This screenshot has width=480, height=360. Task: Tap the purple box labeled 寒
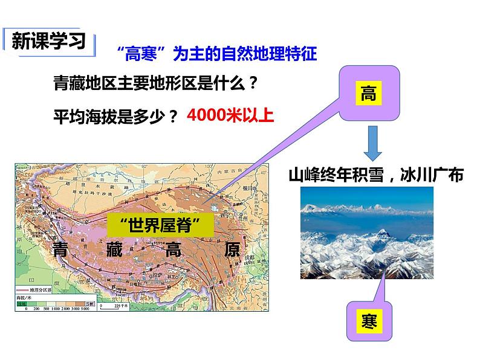(369, 322)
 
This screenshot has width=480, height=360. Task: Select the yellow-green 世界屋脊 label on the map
(160, 225)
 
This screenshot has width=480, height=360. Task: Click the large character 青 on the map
(62, 249)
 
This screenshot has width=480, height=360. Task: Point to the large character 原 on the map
(231, 249)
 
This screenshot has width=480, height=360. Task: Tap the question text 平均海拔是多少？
(118, 115)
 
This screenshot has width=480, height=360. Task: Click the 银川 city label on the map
(246, 188)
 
